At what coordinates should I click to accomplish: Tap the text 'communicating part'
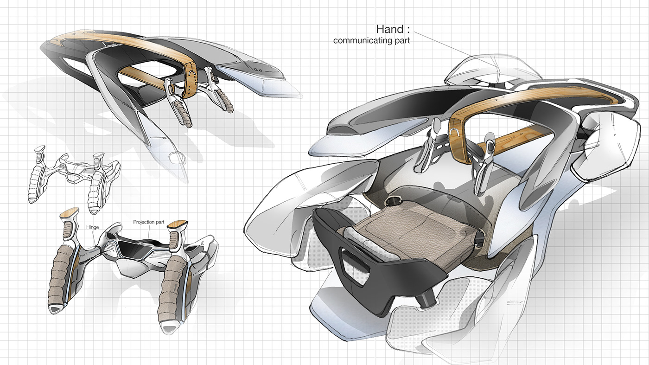click(x=371, y=41)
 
